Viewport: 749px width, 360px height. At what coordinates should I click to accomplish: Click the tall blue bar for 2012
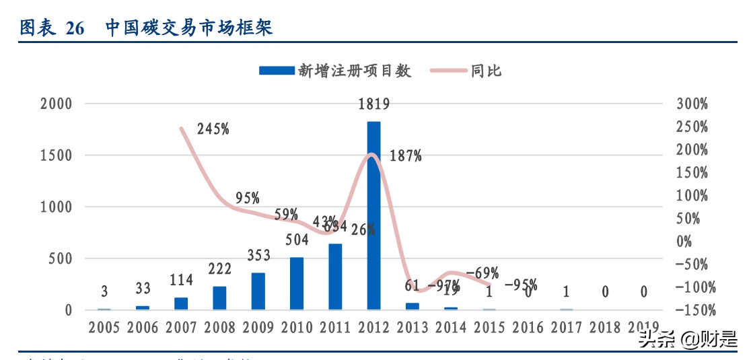pyautogui.click(x=373, y=215)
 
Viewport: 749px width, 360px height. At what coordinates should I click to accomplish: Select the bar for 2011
pyautogui.click(x=334, y=277)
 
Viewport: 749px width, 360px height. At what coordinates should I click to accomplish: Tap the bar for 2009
pyautogui.click(x=258, y=291)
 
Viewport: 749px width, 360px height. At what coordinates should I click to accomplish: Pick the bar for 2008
pyautogui.click(x=219, y=298)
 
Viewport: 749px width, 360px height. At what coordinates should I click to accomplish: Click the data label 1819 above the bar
pyautogui.click(x=373, y=104)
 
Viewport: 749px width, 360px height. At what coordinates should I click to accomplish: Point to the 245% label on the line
pyautogui.click(x=213, y=129)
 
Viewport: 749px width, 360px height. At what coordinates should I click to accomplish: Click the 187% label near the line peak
pyautogui.click(x=406, y=156)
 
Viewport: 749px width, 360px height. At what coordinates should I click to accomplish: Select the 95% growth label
pyautogui.click(x=248, y=199)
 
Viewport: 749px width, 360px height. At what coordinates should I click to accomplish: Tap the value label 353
pyautogui.click(x=258, y=256)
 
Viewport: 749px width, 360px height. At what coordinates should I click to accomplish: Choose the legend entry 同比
pyautogui.click(x=486, y=71)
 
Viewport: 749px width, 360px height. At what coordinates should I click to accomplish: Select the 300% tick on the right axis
pyautogui.click(x=692, y=104)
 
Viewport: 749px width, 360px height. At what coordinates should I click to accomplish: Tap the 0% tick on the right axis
pyautogui.click(x=684, y=242)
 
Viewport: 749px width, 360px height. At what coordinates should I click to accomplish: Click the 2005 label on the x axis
pyautogui.click(x=104, y=328)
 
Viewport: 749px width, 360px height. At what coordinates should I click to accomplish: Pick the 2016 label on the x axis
pyautogui.click(x=528, y=328)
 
